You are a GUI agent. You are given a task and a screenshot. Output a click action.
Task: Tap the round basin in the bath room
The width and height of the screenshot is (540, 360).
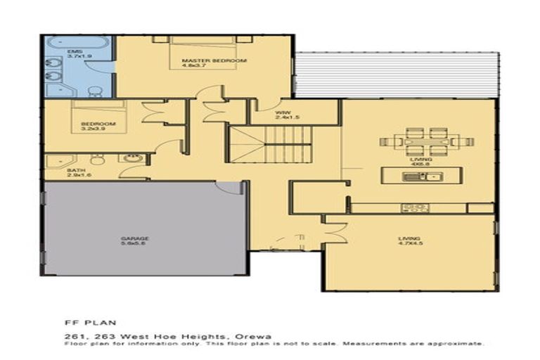(x=131, y=158)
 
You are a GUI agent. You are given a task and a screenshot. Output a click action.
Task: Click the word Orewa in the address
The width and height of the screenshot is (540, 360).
(x=256, y=335)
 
